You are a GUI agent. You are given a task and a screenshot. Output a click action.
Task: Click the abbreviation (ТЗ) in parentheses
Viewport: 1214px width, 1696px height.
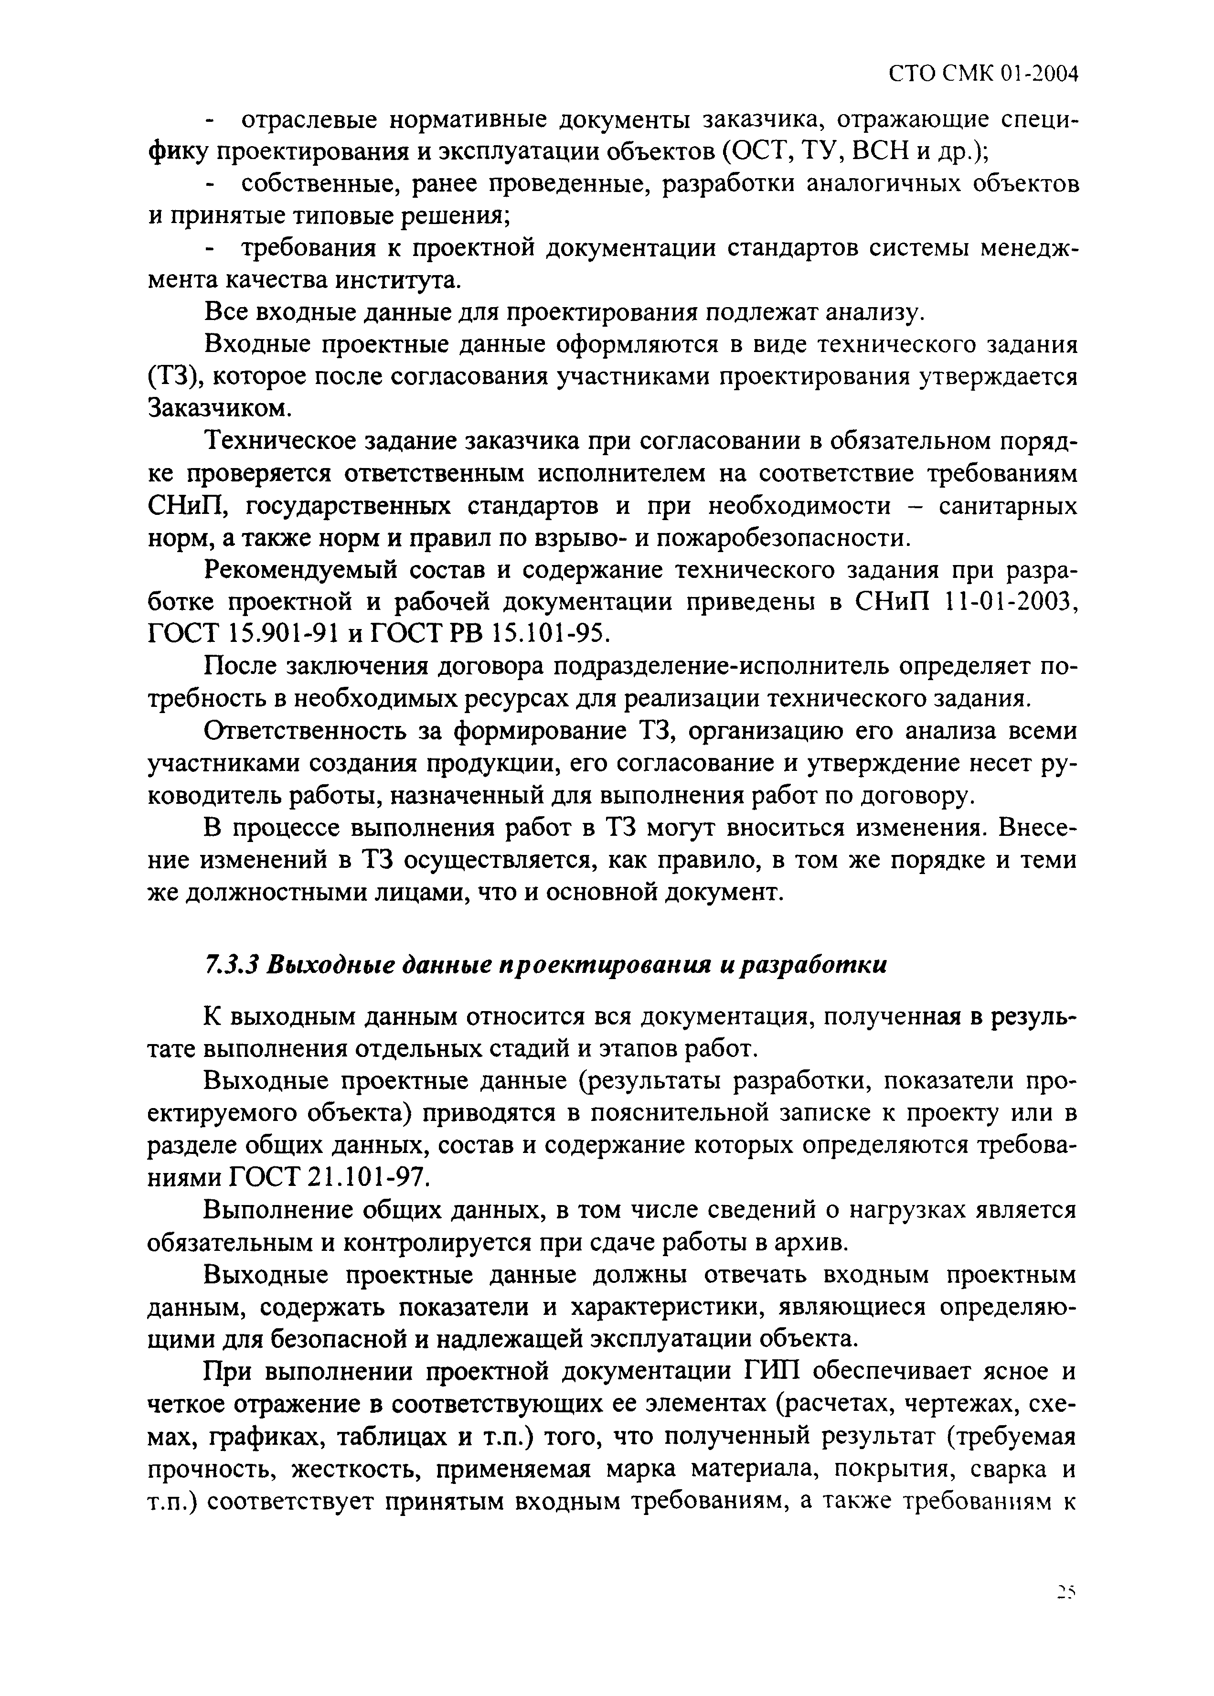point(173,377)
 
